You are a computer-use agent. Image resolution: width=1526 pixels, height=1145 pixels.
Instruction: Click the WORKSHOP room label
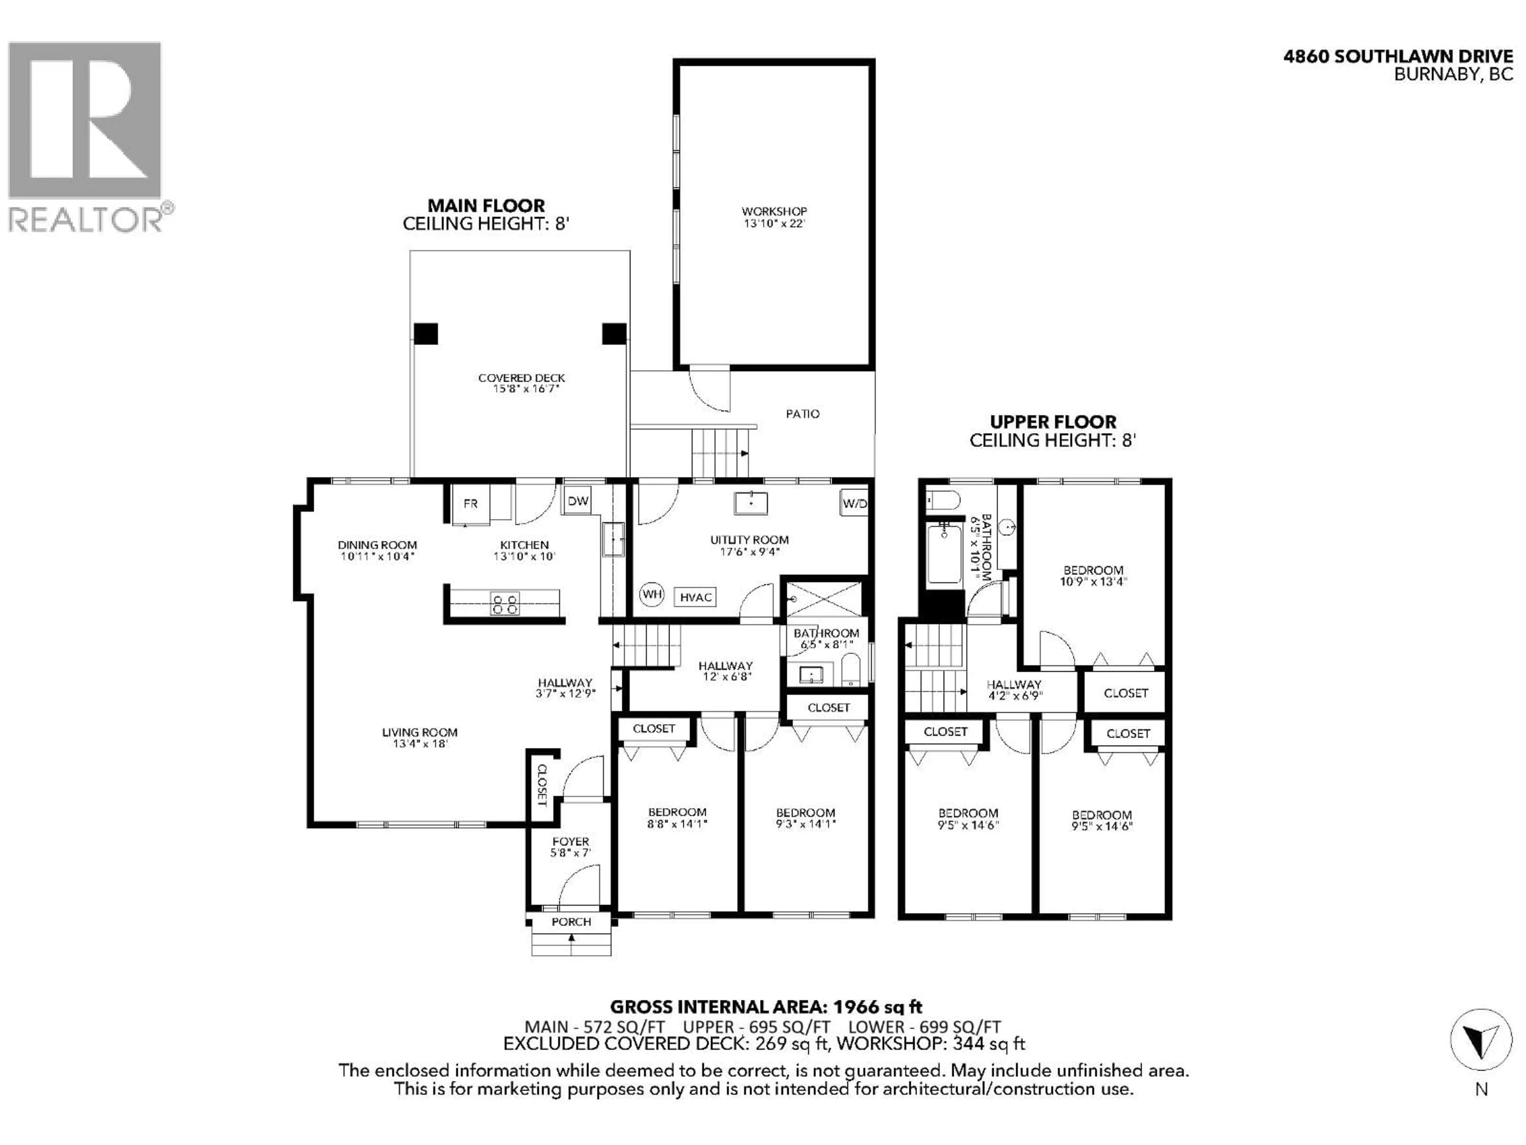click(x=774, y=211)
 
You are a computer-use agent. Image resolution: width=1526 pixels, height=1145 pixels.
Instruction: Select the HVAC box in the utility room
click(x=695, y=598)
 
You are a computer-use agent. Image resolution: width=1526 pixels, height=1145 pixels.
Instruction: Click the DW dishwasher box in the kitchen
click(x=577, y=501)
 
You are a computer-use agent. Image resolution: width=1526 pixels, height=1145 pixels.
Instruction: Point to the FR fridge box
click(x=471, y=504)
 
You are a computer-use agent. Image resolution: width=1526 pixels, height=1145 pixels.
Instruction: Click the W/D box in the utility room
click(x=854, y=504)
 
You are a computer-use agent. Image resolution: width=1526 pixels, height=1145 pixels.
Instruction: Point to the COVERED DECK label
click(x=521, y=378)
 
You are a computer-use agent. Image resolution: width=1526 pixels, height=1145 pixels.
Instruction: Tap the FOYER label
click(x=571, y=841)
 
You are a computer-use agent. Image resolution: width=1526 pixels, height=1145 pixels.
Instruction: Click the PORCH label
click(x=571, y=922)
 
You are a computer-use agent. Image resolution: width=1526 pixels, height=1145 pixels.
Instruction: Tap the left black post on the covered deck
click(x=426, y=334)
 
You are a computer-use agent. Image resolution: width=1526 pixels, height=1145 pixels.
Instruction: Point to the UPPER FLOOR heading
click(x=1053, y=422)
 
